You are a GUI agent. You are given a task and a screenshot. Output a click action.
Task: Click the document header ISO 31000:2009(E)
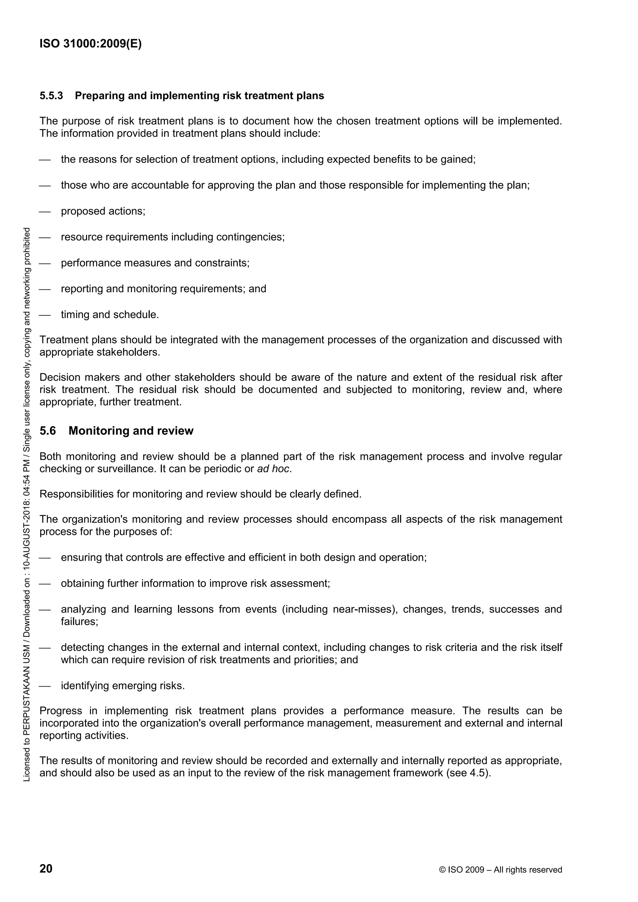click(90, 44)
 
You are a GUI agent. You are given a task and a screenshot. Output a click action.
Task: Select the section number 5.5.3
click(51, 96)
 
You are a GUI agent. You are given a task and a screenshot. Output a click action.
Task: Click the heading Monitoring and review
click(131, 431)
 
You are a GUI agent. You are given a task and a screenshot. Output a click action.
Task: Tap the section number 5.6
click(48, 431)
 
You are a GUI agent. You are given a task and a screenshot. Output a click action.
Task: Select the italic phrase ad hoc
click(274, 469)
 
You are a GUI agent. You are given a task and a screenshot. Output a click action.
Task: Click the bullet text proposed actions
click(103, 211)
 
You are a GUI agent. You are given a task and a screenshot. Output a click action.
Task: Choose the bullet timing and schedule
click(110, 315)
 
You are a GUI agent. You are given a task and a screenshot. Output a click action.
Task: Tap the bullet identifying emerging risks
click(123, 686)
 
